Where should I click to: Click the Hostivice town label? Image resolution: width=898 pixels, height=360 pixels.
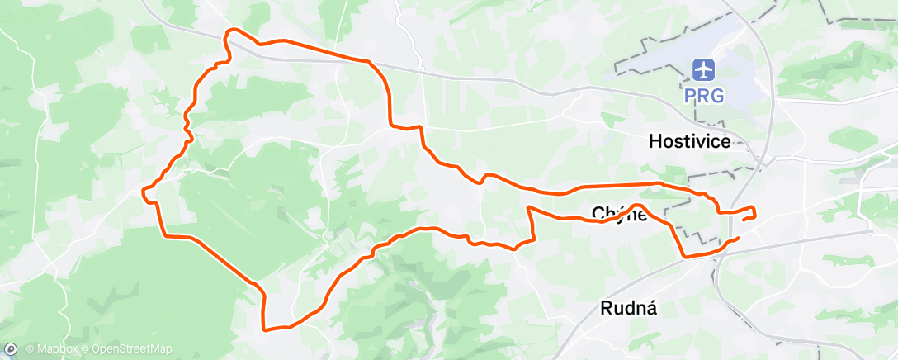[x=689, y=141]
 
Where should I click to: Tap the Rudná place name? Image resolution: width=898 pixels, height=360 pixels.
[x=628, y=308]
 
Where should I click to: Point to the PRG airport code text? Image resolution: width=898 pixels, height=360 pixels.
[x=703, y=95]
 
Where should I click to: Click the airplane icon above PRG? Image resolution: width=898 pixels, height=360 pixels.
[x=703, y=68]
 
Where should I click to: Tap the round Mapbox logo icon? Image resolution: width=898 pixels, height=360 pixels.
[x=10, y=349]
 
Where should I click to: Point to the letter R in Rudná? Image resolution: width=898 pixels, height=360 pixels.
[x=605, y=308]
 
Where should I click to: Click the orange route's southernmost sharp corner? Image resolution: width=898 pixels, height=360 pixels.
[x=264, y=329]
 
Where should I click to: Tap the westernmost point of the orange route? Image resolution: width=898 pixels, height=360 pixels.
[x=144, y=191]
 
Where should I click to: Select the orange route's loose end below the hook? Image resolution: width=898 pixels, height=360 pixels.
[x=737, y=238]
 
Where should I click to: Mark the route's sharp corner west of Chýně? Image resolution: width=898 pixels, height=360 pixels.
[x=528, y=206]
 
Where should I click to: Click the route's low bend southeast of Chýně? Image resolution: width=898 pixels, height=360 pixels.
[x=686, y=257]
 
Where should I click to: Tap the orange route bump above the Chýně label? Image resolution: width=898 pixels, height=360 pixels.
[x=637, y=204]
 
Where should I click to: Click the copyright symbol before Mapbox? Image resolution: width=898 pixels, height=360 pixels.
[x=30, y=349]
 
